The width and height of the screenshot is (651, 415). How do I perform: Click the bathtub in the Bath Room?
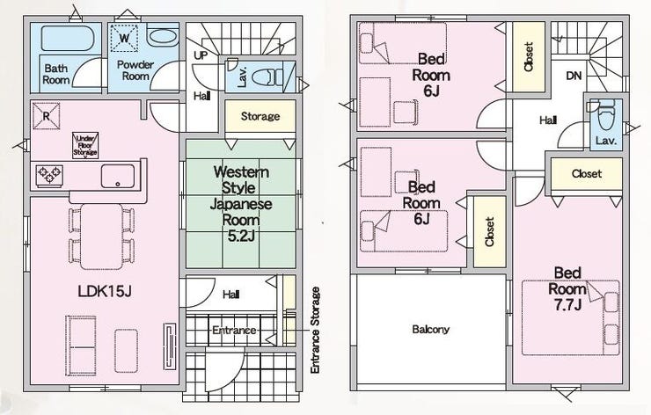tap(67, 38)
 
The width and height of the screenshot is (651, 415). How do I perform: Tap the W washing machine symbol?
tap(124, 38)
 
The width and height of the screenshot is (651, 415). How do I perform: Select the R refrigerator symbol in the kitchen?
tap(46, 116)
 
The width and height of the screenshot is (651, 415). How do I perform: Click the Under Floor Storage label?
tap(85, 145)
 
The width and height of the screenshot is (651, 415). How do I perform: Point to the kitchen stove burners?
tap(49, 175)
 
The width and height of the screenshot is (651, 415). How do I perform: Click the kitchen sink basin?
tap(118, 176)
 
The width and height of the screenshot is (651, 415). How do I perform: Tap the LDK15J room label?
tap(105, 292)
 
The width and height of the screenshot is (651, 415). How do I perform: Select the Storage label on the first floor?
tap(260, 116)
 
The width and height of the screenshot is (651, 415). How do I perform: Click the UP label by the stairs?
tap(201, 55)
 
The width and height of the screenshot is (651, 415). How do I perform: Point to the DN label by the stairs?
tap(574, 76)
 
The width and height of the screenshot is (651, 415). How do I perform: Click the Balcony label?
tap(430, 330)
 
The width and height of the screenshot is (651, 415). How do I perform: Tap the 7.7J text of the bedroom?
tap(567, 305)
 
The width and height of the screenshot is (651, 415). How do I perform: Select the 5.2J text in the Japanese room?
tap(241, 236)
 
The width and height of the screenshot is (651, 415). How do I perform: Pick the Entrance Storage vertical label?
tap(316, 330)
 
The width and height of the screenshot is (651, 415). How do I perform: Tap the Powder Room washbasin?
tap(163, 37)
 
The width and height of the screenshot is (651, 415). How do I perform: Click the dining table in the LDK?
tap(102, 237)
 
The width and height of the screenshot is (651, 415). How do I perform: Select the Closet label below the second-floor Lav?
tap(586, 173)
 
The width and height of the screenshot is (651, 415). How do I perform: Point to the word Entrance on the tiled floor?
tap(234, 331)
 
